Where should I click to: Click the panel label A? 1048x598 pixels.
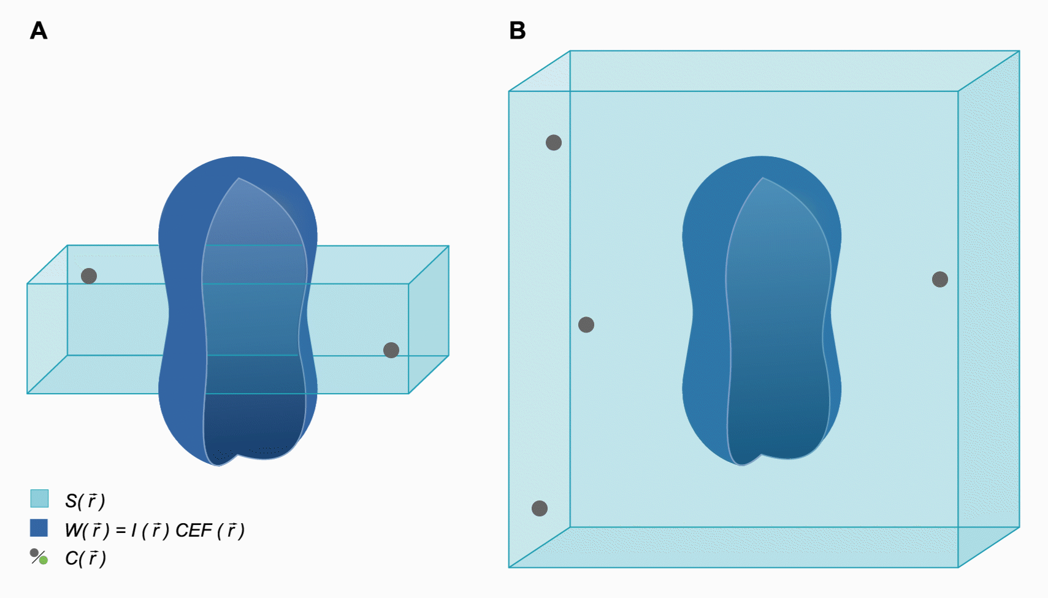point(39,31)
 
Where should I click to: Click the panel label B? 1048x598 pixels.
point(517,31)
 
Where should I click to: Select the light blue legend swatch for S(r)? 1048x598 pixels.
point(39,499)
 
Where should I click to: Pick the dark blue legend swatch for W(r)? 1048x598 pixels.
point(39,528)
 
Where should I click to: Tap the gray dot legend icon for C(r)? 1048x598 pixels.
point(36,553)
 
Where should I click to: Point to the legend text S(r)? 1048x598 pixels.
point(85,500)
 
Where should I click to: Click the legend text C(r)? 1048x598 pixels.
point(85,558)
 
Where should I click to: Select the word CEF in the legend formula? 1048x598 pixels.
point(193,530)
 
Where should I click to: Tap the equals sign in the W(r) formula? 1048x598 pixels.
point(121,531)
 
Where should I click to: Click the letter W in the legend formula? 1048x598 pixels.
point(74,530)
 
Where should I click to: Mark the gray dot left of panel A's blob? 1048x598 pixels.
point(89,276)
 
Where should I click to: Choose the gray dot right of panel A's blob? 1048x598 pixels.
point(391,350)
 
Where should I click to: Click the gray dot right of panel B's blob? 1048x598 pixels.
point(940,280)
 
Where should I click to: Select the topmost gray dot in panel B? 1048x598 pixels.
point(554,143)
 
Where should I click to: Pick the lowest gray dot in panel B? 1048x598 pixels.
point(540,508)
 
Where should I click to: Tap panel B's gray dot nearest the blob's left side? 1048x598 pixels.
point(586,325)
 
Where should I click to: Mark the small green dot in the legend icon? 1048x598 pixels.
point(44,560)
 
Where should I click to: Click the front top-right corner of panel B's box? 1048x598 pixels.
point(958,91)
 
